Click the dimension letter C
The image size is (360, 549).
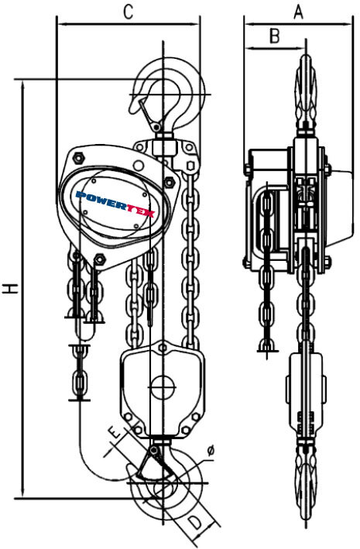tap(129, 12)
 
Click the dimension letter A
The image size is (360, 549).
tap(298, 12)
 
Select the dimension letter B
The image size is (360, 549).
tap(275, 36)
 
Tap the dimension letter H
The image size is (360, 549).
tap(11, 289)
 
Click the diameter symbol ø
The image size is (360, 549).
tap(210, 451)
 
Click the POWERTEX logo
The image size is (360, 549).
tap(115, 204)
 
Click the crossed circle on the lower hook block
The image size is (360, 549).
tap(163, 387)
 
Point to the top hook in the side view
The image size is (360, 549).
tap(307, 93)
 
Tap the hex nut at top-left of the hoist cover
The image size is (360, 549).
tap(78, 158)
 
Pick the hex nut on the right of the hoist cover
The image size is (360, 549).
tap(170, 182)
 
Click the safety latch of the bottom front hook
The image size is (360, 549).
tap(154, 464)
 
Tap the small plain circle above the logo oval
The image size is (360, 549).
tap(138, 165)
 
